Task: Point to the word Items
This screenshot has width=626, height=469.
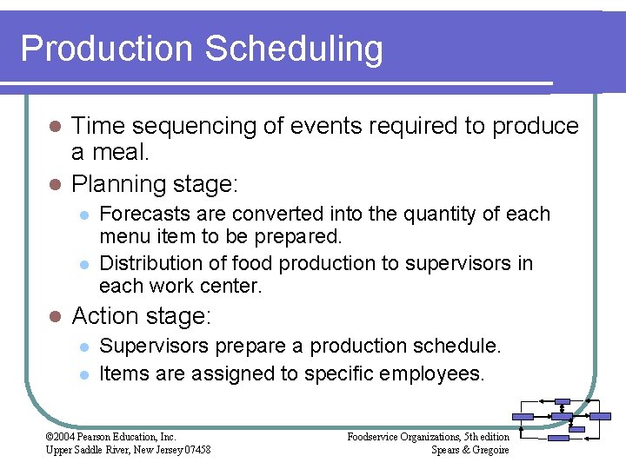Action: pyautogui.click(x=121, y=373)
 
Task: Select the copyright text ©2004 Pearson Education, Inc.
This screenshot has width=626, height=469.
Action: pyautogui.click(x=110, y=436)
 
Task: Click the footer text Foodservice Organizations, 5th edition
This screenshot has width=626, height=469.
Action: pyautogui.click(x=428, y=436)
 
